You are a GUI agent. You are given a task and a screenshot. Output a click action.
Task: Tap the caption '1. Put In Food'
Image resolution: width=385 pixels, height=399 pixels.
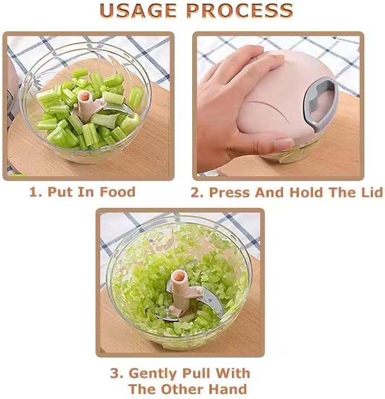pyautogui.click(x=82, y=192)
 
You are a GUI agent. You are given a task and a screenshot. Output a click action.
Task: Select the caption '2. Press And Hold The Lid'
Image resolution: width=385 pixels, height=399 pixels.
pyautogui.click(x=286, y=193)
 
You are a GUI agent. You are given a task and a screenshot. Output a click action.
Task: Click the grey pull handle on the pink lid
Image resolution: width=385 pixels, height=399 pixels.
pyautogui.click(x=321, y=100)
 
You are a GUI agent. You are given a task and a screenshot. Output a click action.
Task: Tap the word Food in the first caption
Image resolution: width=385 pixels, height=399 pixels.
pyautogui.click(x=117, y=192)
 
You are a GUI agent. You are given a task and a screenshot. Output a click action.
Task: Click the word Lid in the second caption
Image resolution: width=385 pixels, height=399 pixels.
pyautogui.click(x=371, y=193)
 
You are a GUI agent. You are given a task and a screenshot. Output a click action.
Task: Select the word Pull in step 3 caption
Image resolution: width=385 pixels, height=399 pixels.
pyautogui.click(x=196, y=374)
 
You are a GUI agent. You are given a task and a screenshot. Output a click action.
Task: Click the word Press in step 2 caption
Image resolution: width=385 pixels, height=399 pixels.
pyautogui.click(x=229, y=193)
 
